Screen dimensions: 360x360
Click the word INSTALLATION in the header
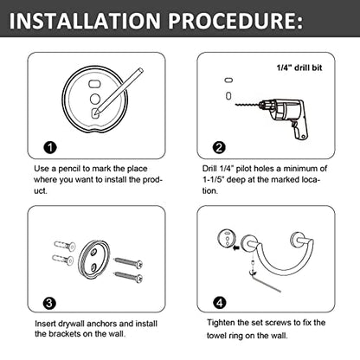pyautogui.click(x=85, y=21)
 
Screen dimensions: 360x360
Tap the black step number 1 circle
pyautogui.click(x=50, y=147)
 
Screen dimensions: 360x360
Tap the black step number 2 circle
pyautogui.click(x=219, y=147)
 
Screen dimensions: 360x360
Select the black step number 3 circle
pyautogui.click(x=49, y=303)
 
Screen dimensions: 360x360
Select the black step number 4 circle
pyautogui.click(x=220, y=303)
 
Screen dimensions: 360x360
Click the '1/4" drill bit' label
pyautogui.click(x=299, y=67)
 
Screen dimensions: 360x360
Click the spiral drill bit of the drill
pyautogui.click(x=247, y=105)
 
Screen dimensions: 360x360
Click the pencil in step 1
pyautogui.click(x=118, y=91)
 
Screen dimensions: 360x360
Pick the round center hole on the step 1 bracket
pyautogui.click(x=95, y=99)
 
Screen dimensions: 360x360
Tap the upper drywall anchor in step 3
pyautogui.click(x=65, y=246)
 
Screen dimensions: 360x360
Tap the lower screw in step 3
pyautogui.click(x=129, y=276)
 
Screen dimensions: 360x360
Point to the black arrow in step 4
pyautogui.click(x=236, y=247)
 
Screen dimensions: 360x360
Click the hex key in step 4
pyautogui.click(x=264, y=281)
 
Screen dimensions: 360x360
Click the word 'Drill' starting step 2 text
pyautogui.click(x=209, y=169)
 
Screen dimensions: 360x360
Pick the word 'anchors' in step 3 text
pyautogui.click(x=101, y=324)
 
